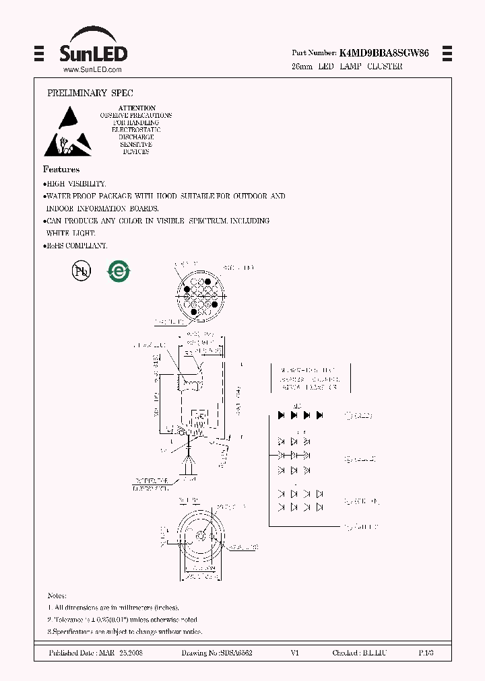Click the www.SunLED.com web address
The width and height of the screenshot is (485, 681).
click(92, 69)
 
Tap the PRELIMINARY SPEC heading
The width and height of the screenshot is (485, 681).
click(86, 93)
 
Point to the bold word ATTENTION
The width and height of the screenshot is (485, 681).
click(137, 108)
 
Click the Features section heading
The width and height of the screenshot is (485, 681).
click(61, 170)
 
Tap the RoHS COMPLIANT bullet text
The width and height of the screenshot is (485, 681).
click(76, 246)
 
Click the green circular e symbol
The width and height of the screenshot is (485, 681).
click(119, 271)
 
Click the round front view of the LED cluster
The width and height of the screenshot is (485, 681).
click(198, 294)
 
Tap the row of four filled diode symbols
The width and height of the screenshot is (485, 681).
click(300, 415)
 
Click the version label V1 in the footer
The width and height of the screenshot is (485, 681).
click(294, 653)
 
